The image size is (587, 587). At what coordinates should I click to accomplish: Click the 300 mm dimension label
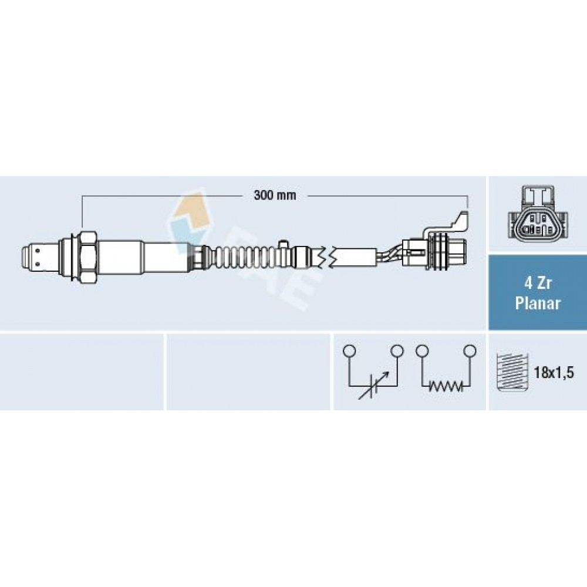[x=275, y=195]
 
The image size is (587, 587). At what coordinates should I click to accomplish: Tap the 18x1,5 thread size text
[x=554, y=373]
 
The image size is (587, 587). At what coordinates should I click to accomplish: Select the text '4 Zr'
[x=538, y=283]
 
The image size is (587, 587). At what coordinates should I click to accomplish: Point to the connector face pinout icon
[x=538, y=212]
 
